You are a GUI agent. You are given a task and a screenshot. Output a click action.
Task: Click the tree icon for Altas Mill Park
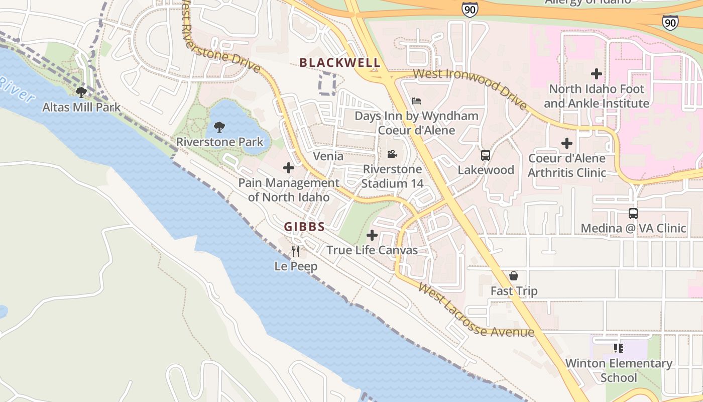tap(81, 92)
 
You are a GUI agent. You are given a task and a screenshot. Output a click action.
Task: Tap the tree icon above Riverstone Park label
tap(219, 127)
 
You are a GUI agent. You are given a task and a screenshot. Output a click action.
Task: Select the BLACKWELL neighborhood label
tap(340, 63)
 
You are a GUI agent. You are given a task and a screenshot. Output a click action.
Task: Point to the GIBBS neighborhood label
tap(304, 227)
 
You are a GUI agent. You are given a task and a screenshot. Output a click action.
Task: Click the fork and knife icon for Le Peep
tap(296, 251)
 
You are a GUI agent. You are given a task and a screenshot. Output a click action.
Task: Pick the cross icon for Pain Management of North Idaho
tap(289, 168)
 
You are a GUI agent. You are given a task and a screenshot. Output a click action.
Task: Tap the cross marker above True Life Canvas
tap(372, 235)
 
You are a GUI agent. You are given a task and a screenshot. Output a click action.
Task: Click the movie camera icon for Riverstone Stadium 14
tap(392, 154)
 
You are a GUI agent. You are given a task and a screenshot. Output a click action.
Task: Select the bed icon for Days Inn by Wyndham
tap(416, 101)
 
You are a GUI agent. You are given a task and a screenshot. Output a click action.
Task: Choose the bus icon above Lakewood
tap(486, 155)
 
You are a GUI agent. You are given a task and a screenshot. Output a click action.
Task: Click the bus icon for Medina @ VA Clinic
tap(633, 214)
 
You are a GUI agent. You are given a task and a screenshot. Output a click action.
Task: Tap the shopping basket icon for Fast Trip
tap(514, 276)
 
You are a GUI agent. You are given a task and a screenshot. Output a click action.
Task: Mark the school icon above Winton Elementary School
tap(619, 348)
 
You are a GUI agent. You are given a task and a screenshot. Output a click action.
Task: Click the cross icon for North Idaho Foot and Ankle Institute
tap(597, 74)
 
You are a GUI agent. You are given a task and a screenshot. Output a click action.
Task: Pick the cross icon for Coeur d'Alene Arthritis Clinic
tap(567, 144)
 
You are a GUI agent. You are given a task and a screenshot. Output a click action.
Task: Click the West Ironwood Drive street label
tap(470, 88)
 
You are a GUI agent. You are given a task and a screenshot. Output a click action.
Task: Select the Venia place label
tap(328, 156)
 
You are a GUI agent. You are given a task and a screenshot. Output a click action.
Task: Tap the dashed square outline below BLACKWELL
tap(327, 84)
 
